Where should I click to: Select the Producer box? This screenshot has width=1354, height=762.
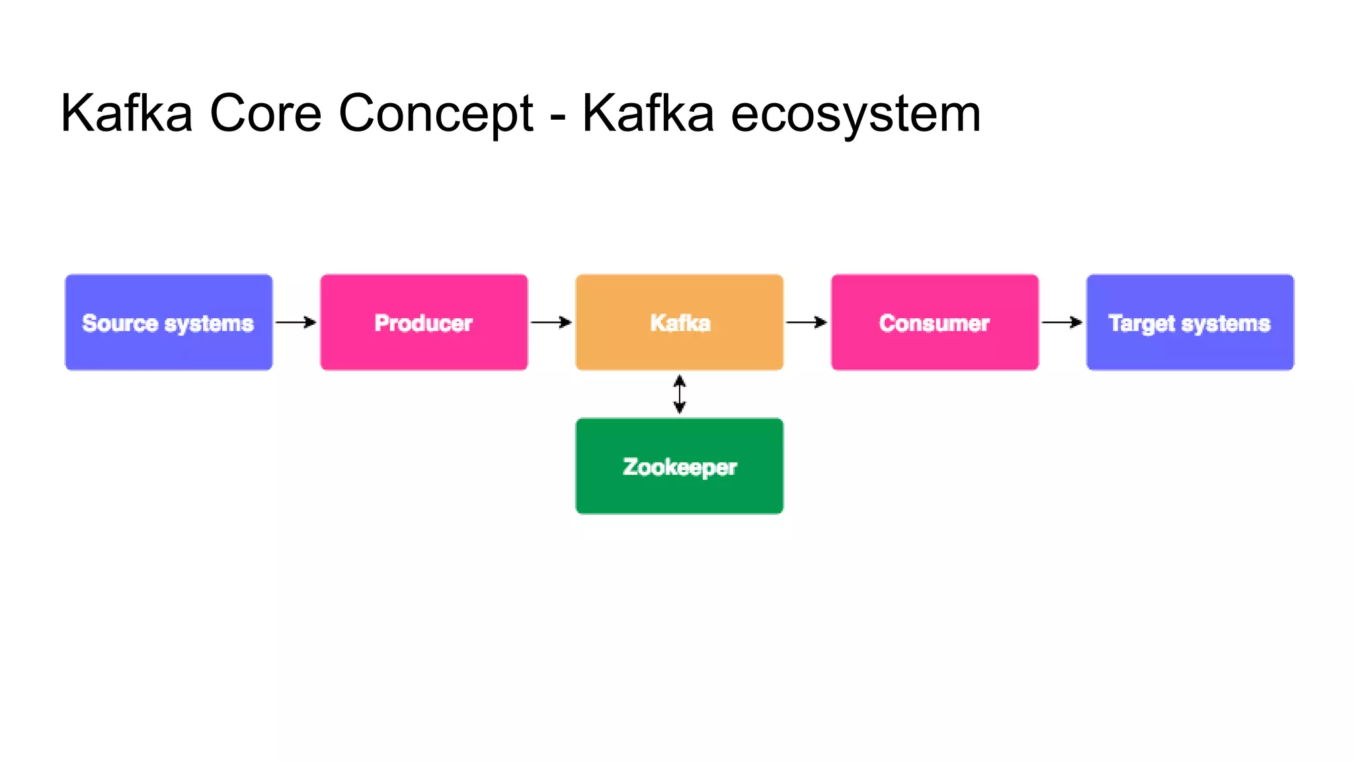[424, 322]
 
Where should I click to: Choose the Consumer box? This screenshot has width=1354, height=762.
[934, 322]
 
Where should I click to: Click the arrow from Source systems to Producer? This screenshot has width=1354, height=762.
[296, 322]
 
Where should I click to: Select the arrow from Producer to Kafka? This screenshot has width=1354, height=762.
[551, 322]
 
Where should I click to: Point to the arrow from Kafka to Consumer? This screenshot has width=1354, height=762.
[806, 322]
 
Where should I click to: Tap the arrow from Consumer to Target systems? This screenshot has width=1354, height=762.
[1062, 322]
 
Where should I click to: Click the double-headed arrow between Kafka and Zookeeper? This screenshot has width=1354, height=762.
[680, 394]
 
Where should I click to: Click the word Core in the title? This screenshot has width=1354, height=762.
[265, 113]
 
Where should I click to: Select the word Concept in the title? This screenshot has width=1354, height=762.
[436, 113]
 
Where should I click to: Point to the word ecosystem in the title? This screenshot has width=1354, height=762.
[856, 113]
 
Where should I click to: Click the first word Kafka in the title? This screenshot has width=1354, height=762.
[126, 113]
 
